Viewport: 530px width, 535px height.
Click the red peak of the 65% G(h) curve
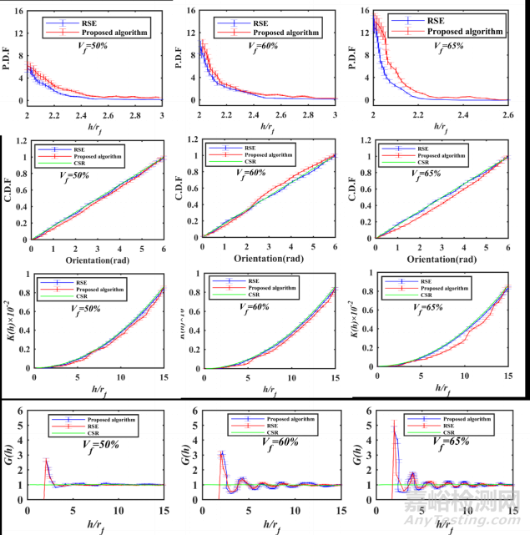point(393,424)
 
